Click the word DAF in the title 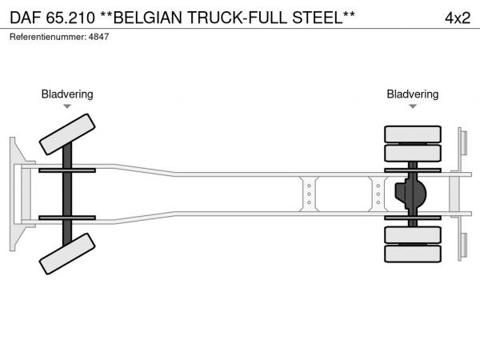point(25,18)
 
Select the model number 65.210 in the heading point(70,18)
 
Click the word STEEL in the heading point(318,18)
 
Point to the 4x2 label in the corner point(458,18)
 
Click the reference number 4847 point(98,37)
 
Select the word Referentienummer point(48,37)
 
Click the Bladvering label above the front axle point(67,94)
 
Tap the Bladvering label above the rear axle point(412,94)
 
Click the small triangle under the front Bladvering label point(67,106)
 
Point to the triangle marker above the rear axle point(413,106)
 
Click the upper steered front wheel point(67,134)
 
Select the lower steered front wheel point(67,254)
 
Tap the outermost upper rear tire point(413,134)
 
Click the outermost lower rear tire point(413,254)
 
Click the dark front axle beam point(67,194)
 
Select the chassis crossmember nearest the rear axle point(378,194)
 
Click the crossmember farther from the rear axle point(309,194)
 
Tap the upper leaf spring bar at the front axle point(67,170)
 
